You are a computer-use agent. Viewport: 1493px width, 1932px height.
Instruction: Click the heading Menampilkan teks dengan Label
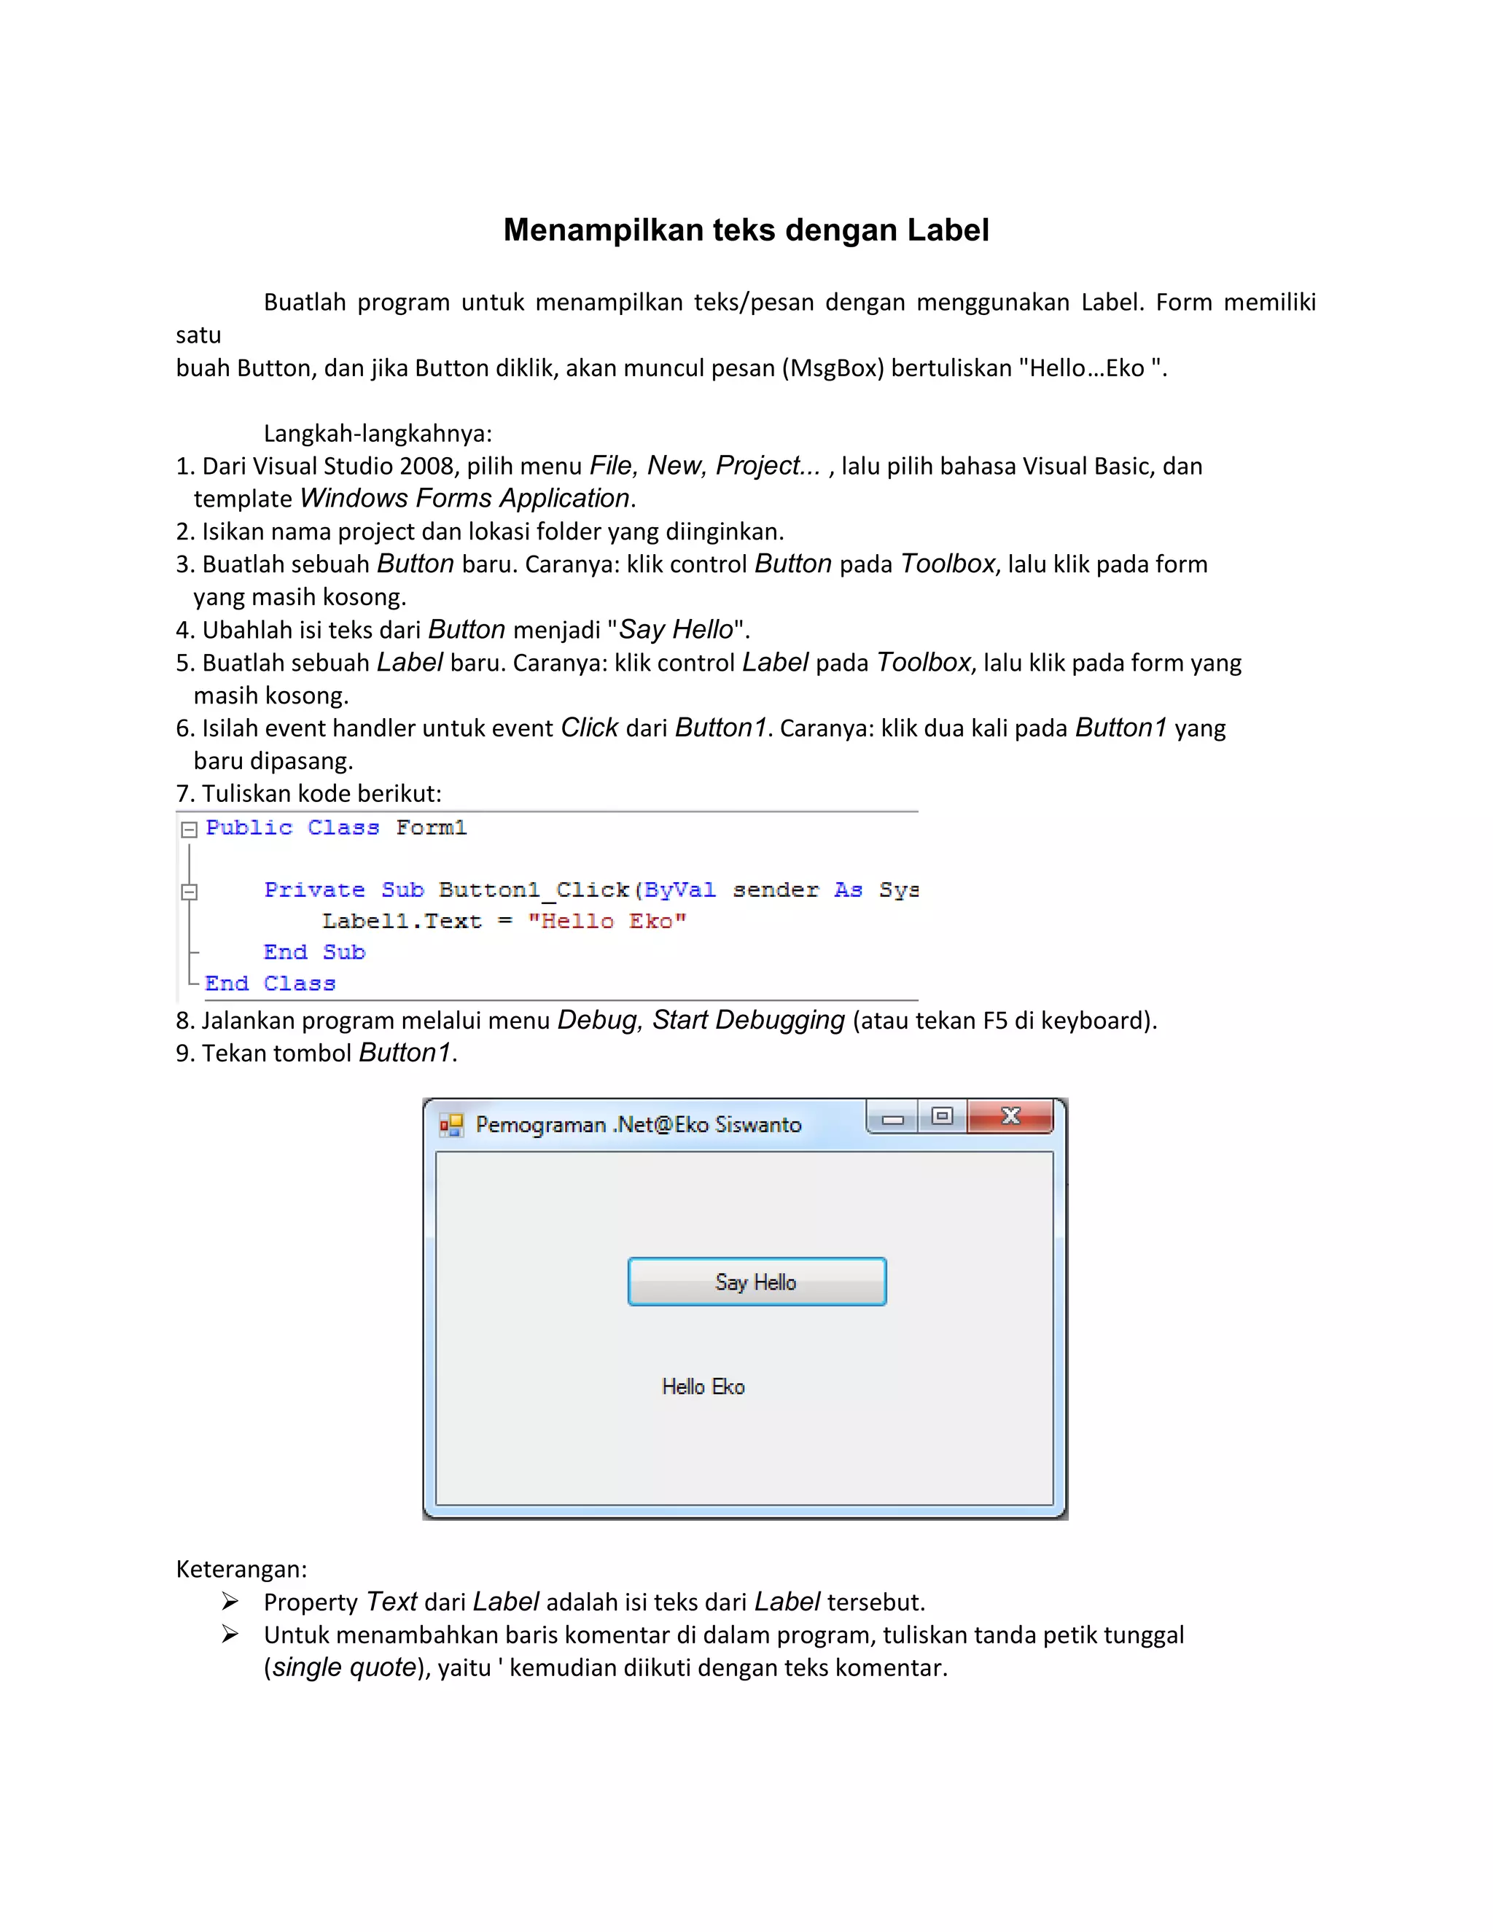pos(746,230)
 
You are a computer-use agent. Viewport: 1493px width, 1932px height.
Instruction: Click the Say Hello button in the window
pos(756,1282)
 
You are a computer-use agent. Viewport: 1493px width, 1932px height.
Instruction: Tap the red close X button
pos(1010,1116)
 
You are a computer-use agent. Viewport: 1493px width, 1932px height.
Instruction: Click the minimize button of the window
pos(892,1118)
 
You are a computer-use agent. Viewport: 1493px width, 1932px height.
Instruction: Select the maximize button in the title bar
pos(942,1116)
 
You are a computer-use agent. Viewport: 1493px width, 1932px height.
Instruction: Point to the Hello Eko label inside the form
pos(703,1386)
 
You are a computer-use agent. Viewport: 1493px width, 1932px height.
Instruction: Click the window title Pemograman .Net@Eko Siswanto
pos(638,1124)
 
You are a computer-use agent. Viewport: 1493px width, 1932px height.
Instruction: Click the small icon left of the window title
pos(451,1124)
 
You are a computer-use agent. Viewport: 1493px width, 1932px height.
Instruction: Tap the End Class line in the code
pos(270,983)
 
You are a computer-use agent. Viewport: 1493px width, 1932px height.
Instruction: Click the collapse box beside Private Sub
pos(188,892)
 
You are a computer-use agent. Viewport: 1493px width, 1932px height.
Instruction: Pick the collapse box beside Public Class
pos(188,830)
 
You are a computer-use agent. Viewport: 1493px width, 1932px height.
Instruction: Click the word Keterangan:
pos(241,1568)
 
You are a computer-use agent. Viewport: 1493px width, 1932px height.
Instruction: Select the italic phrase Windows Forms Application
pos(464,498)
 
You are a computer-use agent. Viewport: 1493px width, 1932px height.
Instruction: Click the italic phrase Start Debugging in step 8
pos(748,1020)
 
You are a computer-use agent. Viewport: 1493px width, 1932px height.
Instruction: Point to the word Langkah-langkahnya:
pos(378,434)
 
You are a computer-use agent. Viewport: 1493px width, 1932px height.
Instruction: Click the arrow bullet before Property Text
pos(230,1601)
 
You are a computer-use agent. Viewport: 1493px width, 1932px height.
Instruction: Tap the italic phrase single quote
pos(344,1667)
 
